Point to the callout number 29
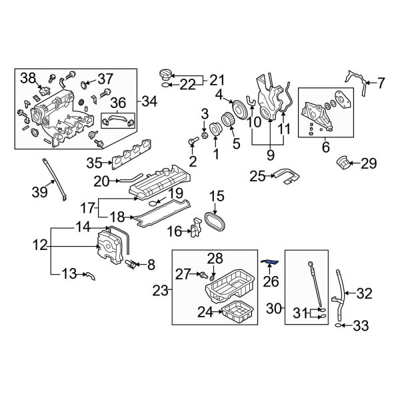click(x=369, y=162)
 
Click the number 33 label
click(x=360, y=326)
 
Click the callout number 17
click(x=88, y=207)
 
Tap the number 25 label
click(x=257, y=176)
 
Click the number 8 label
click(x=150, y=265)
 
